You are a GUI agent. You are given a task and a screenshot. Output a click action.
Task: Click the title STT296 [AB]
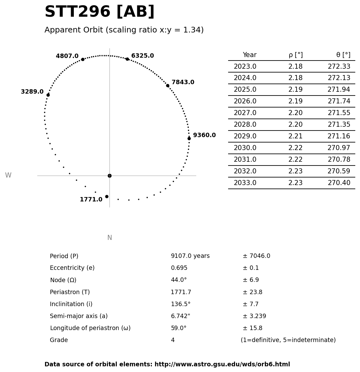[x=99, y=12]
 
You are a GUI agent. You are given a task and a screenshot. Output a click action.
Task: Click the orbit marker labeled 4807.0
[x=83, y=59]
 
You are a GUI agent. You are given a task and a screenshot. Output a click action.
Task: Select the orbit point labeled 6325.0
[x=127, y=59]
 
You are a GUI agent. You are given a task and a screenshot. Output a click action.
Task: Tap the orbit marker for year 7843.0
[x=168, y=85]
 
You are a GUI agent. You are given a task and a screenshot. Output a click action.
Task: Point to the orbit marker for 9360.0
[x=189, y=138]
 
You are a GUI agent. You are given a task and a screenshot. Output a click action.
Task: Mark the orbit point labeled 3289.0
[x=48, y=95]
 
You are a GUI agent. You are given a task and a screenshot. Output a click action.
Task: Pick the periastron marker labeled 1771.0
[x=107, y=196]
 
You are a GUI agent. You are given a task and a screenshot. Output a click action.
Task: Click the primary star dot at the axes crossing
[x=109, y=176]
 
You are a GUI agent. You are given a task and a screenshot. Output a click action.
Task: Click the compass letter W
[x=8, y=176]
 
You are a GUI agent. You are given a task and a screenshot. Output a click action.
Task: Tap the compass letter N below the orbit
[x=109, y=238]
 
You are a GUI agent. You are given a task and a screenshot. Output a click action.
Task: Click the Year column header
[x=250, y=55]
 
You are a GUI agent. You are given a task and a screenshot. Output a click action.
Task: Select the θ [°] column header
[x=343, y=55]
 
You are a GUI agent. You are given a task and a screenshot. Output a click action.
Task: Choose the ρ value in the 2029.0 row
[x=295, y=137]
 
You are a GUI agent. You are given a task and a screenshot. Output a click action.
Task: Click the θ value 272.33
[x=339, y=67]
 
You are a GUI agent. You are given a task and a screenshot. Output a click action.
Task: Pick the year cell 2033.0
[x=245, y=183]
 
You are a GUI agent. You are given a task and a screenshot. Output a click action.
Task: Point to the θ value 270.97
[x=339, y=148]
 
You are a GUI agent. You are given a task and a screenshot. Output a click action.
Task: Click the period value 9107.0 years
[x=190, y=256]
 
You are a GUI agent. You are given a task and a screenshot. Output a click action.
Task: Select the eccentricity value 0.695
[x=179, y=268]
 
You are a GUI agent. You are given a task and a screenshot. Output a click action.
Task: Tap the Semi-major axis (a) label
[x=79, y=316]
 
